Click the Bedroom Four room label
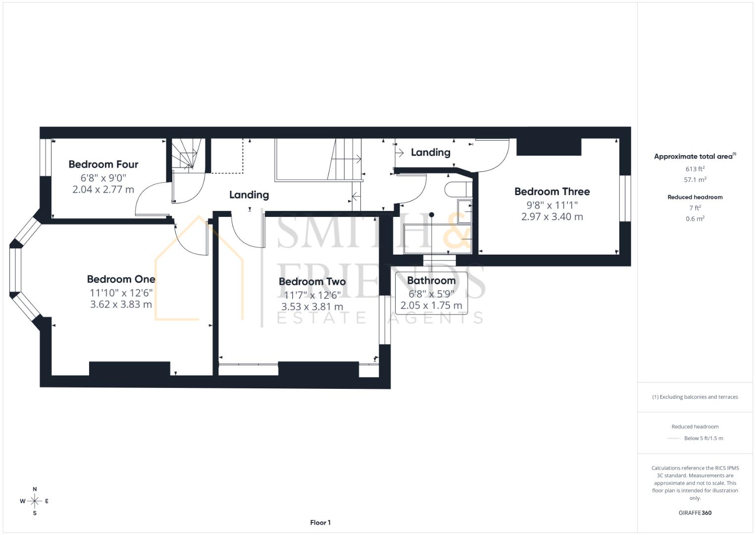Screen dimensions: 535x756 [x=103, y=164]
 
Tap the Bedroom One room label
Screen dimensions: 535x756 [x=121, y=279]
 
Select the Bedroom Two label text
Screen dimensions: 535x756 [x=312, y=282]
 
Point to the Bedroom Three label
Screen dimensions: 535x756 [x=552, y=192]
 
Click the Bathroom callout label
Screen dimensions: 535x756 [x=431, y=280]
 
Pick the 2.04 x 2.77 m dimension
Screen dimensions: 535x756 [x=103, y=189]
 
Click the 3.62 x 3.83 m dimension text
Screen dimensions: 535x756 [x=121, y=304]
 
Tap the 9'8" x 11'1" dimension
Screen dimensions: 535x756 [x=552, y=205]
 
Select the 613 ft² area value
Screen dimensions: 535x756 [x=695, y=169]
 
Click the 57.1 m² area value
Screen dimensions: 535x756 [x=695, y=180]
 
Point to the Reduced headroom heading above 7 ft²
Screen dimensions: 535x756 [x=695, y=197]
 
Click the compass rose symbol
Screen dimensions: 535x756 [x=35, y=501]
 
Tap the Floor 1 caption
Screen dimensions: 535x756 [x=320, y=523]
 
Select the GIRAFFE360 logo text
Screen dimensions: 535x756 [x=695, y=513]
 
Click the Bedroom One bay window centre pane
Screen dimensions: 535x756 [x=15, y=270]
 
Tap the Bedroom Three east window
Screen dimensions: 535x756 [x=625, y=198]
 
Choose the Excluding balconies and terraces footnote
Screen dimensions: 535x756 [x=695, y=397]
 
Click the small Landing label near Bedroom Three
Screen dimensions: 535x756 [x=430, y=153]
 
